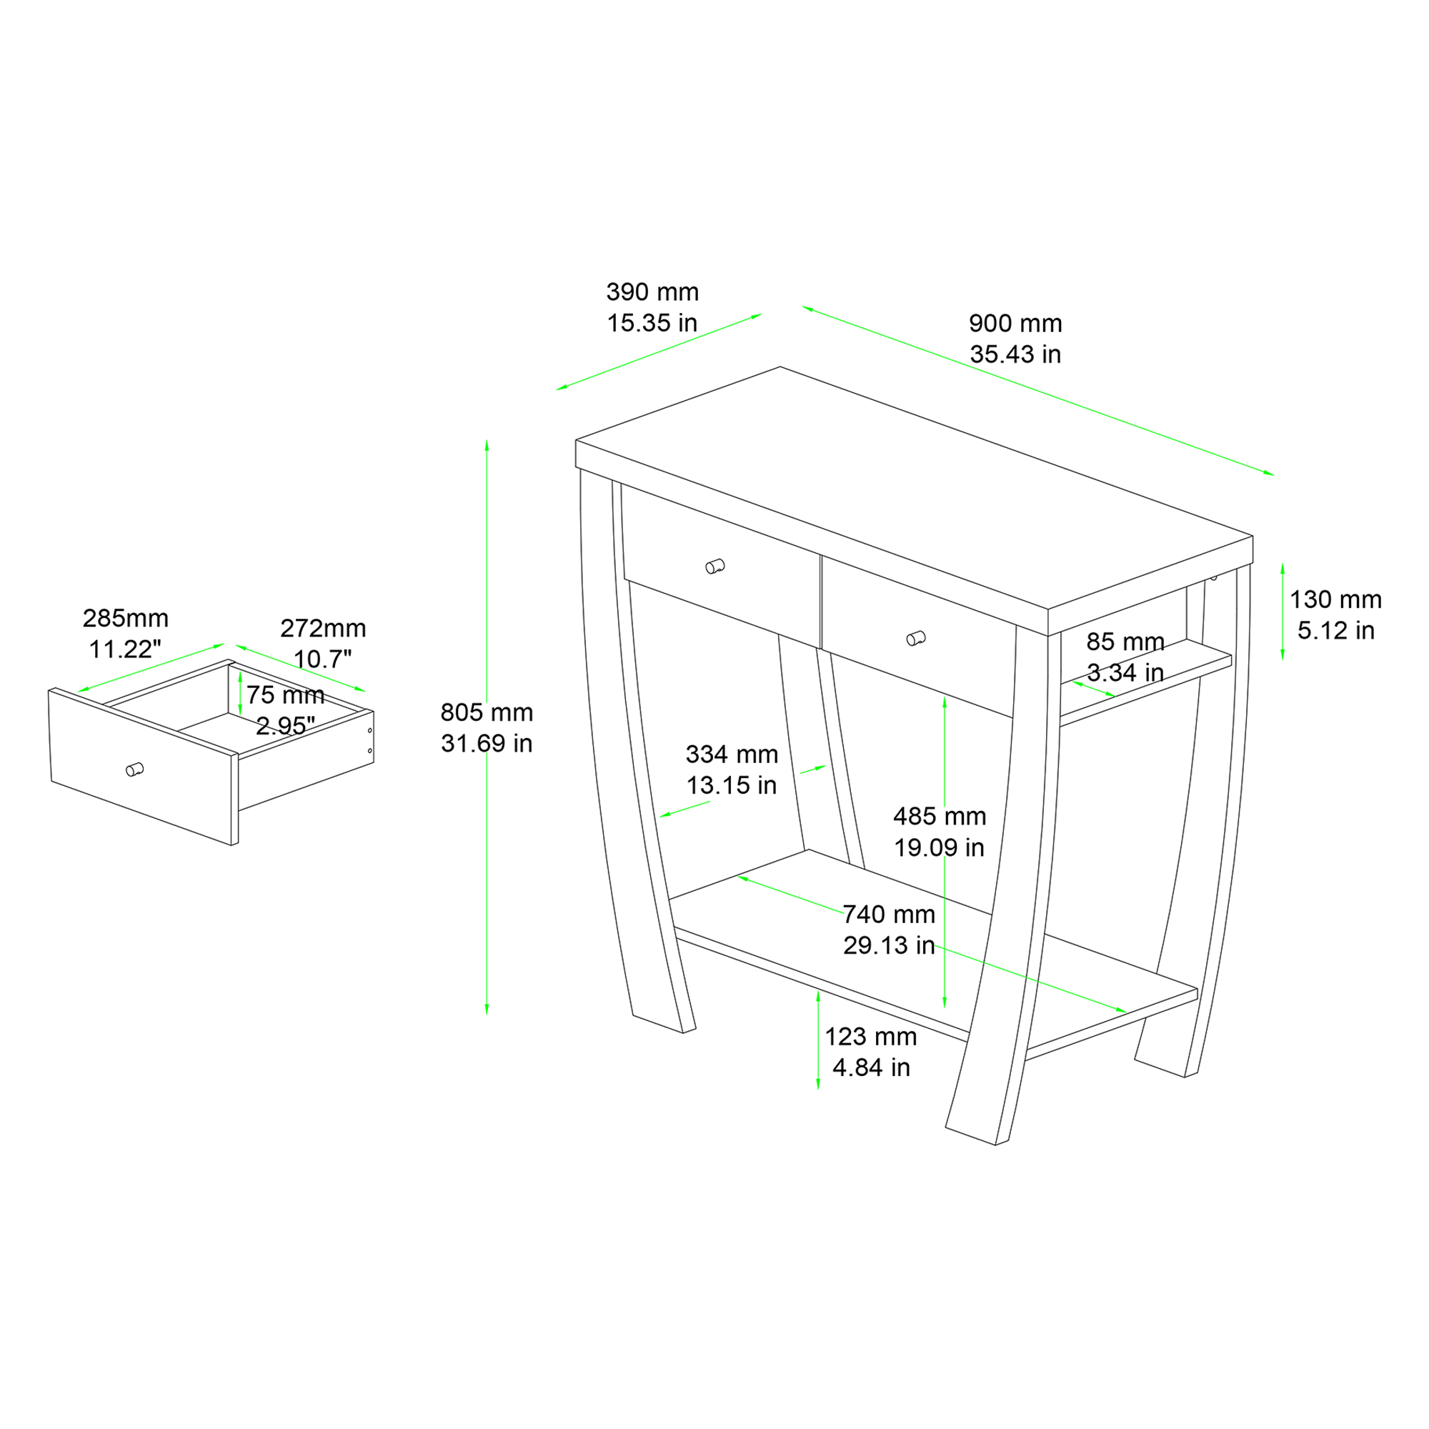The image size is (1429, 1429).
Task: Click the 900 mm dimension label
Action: point(1015,323)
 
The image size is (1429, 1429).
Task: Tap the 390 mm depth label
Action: point(652,292)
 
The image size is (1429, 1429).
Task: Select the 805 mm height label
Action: point(487,712)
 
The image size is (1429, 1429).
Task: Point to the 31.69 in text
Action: point(487,743)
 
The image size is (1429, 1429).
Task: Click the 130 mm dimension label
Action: point(1336,599)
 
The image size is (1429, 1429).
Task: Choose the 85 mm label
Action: point(1126,642)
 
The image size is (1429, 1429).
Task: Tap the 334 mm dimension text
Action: point(732,755)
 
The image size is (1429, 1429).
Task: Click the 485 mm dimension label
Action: point(940,817)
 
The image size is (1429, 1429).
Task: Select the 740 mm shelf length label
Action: point(889,915)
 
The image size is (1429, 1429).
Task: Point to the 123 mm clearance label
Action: point(870,1037)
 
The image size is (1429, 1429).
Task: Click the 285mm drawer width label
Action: point(126,618)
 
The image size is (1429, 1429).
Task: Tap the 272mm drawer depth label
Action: point(323,628)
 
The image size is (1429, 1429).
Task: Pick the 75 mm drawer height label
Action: point(286,695)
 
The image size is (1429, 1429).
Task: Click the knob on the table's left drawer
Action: point(714,567)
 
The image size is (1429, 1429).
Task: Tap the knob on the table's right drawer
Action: point(916,638)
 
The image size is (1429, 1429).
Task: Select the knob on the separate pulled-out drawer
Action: point(134,770)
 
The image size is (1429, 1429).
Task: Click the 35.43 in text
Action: point(1015,354)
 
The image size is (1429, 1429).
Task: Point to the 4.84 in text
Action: point(870,1068)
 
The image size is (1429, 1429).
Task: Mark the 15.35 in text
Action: point(652,323)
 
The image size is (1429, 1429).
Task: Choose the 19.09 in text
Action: point(940,847)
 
